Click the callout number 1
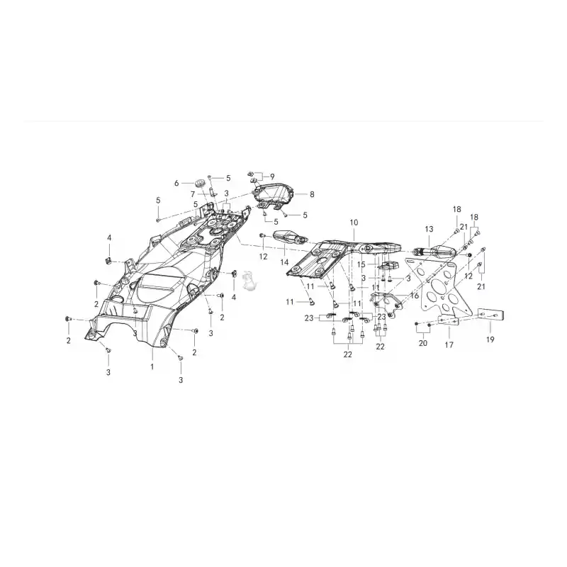(x=152, y=366)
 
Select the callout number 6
(x=176, y=184)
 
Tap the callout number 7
(x=193, y=194)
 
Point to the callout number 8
(x=312, y=194)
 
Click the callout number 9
(x=272, y=176)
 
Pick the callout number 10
(x=354, y=223)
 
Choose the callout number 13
(x=429, y=229)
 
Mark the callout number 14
(x=284, y=262)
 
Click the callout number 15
(x=361, y=264)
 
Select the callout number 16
(x=415, y=296)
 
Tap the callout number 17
(x=449, y=345)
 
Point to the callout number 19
(x=490, y=339)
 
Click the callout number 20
(x=422, y=343)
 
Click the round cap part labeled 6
(x=198, y=183)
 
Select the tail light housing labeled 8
(x=274, y=196)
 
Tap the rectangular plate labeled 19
(x=491, y=315)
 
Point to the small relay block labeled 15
(x=388, y=265)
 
